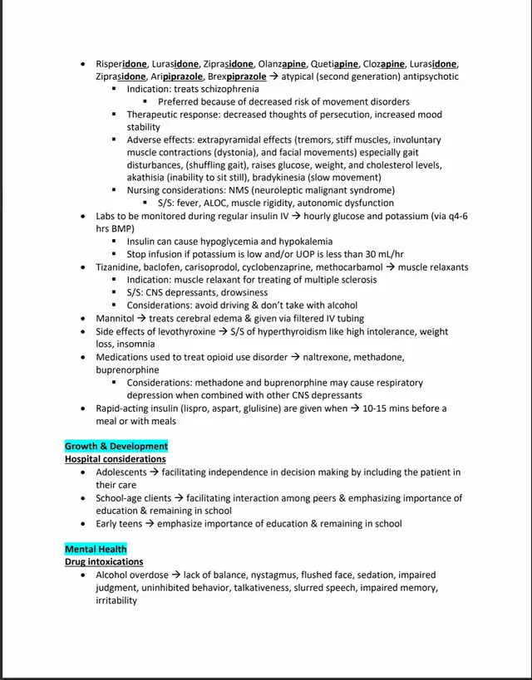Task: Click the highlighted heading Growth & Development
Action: [116, 446]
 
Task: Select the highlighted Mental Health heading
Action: [96, 549]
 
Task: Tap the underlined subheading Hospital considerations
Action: [116, 459]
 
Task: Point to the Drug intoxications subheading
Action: [104, 562]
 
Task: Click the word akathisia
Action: [149, 178]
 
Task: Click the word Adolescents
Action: [122, 472]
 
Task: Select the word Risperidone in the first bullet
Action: [121, 64]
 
